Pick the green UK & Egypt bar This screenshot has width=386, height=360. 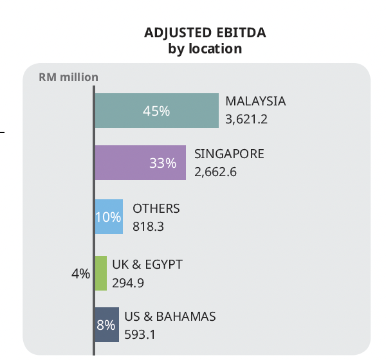[100, 273]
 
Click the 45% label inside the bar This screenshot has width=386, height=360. [156, 111]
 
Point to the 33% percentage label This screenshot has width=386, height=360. [162, 163]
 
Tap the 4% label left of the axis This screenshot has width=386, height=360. [80, 274]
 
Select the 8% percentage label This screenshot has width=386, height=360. [106, 325]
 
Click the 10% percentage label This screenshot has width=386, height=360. [108, 217]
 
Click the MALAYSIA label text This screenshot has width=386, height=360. [255, 102]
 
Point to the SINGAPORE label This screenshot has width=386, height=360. [229, 154]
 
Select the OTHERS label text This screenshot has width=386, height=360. [156, 209]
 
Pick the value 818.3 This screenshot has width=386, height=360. [147, 226]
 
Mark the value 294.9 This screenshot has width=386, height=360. [128, 282]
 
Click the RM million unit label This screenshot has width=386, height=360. [69, 77]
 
